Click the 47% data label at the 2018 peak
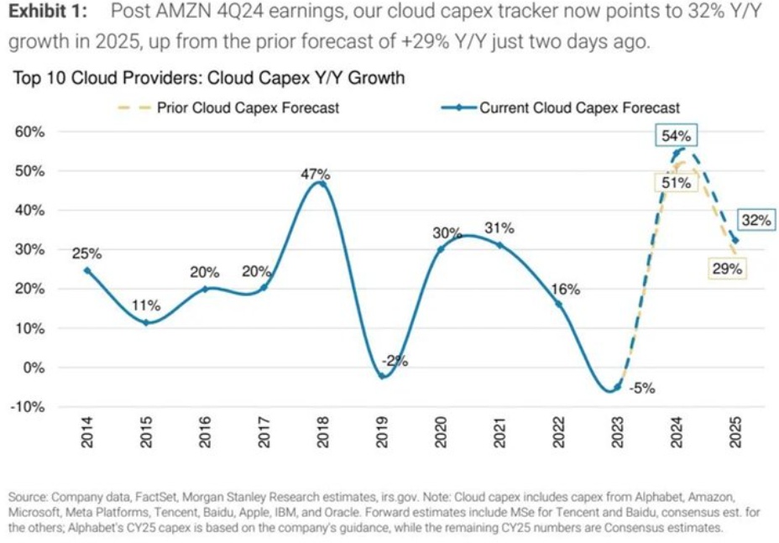pyautogui.click(x=316, y=174)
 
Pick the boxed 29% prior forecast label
pyautogui.click(x=727, y=269)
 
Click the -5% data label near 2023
pyautogui.click(x=642, y=389)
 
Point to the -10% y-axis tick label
pyautogui.click(x=30, y=407)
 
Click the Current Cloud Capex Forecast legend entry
pyautogui.click(x=579, y=107)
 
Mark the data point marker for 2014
pyautogui.click(x=86, y=270)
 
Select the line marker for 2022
pyautogui.click(x=559, y=304)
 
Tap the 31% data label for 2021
pyautogui.click(x=499, y=228)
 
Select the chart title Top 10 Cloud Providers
pyautogui.click(x=208, y=78)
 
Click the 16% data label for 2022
pyautogui.click(x=566, y=289)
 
